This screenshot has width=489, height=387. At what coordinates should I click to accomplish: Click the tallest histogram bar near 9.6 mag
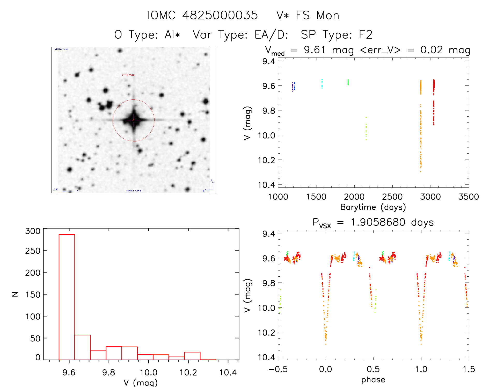67,297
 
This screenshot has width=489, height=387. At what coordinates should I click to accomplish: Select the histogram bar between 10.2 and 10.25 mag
192,356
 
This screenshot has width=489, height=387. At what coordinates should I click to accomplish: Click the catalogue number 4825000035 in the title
220,15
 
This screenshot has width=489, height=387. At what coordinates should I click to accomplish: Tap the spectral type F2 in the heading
366,35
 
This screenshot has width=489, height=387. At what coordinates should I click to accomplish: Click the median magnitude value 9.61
314,50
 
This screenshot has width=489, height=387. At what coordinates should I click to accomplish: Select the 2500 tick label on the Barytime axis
392,197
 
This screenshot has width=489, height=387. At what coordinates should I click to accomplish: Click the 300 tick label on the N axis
33,231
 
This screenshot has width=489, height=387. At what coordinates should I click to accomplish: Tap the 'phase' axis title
373,380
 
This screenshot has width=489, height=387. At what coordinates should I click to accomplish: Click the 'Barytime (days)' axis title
373,207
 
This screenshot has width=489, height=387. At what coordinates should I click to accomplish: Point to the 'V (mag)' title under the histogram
141,382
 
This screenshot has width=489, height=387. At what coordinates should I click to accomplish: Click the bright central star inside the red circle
134,120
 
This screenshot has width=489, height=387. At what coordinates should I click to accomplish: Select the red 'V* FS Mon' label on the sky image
128,75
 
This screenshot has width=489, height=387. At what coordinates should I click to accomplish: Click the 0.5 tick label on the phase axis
373,369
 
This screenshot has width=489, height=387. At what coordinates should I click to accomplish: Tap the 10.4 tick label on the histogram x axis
228,372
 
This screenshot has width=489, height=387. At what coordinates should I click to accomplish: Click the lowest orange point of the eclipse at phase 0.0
326,344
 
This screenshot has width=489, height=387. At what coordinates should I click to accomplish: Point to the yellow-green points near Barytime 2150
366,129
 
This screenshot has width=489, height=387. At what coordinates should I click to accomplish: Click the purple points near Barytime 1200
293,87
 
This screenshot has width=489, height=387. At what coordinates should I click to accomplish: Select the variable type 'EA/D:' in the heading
271,35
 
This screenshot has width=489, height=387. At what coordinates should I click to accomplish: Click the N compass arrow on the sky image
213,183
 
